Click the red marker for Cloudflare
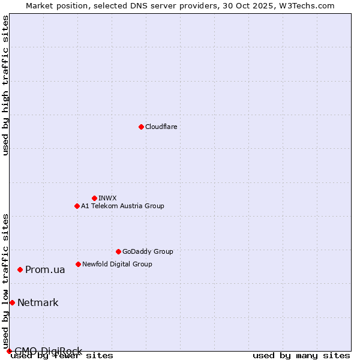click(141, 127)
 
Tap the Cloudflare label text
click(161, 127)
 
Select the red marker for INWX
click(94, 198)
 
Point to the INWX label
click(107, 198)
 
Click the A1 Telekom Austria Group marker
click(77, 206)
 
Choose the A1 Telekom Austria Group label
click(122, 206)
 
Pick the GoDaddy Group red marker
click(118, 251)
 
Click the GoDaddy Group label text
click(148, 251)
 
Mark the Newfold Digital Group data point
click(78, 264)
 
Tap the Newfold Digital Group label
click(117, 264)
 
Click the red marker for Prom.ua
click(20, 270)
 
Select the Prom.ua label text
click(45, 270)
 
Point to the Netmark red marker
click(12, 302)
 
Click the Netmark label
click(38, 302)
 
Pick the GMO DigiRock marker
click(8, 351)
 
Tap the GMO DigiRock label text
click(48, 351)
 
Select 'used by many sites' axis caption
click(301, 355)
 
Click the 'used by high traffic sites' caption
click(5, 85)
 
